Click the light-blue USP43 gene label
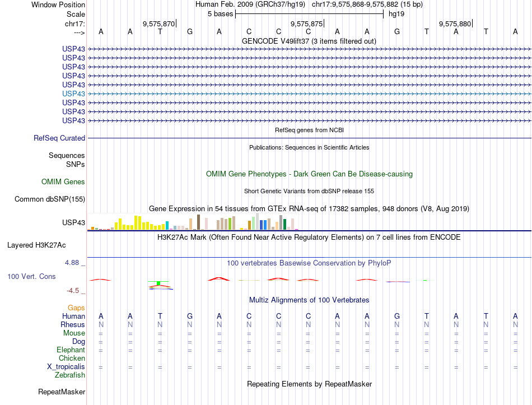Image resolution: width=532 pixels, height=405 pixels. pos(73,94)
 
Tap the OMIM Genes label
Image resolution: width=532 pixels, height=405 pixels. pos(63,181)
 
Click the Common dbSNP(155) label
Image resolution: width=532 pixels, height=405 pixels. pos(50,199)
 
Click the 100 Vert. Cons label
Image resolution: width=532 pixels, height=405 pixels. pos(31,276)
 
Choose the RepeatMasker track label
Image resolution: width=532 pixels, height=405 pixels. pos(62,392)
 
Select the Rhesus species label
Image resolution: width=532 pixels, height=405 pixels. pos(73,324)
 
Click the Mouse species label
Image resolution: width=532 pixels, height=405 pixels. pos(74,333)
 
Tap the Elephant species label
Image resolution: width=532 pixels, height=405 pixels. pos(71,350)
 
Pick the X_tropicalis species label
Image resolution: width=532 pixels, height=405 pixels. pos(66,366)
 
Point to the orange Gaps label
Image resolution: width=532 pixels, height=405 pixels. pos(76,308)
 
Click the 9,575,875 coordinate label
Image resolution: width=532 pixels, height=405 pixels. pos(307,24)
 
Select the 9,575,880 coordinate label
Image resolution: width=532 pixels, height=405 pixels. pos(455,24)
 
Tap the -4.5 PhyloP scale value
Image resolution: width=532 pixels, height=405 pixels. pos(73,290)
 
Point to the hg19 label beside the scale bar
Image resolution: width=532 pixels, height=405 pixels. pos(396,13)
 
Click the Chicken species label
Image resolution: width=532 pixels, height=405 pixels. pos(72,358)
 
